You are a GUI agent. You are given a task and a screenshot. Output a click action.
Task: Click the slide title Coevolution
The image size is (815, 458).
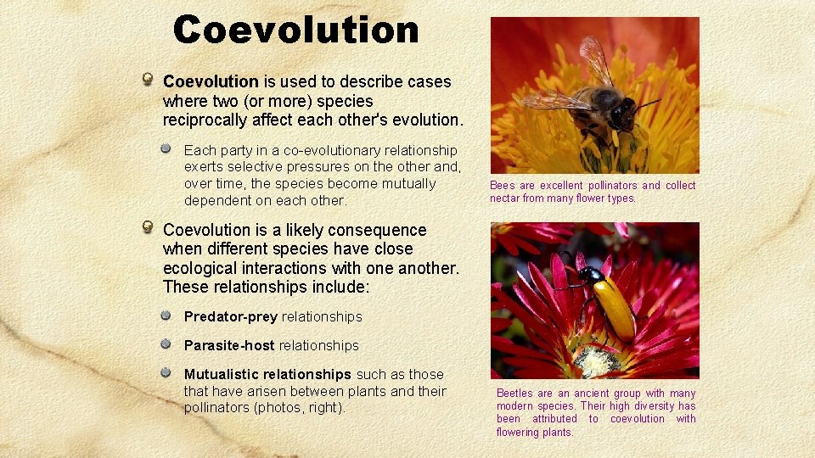pos(295,30)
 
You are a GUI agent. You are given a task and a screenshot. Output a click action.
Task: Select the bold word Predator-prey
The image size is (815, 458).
pos(231,316)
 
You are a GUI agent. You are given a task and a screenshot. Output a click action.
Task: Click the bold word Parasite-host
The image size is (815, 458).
pos(229,345)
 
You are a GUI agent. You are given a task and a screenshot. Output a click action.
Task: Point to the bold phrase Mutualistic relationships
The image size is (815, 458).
pos(267,374)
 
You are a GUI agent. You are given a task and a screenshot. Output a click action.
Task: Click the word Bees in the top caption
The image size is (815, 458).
pos(502,185)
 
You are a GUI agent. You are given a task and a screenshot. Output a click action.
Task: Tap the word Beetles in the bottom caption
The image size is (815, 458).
pos(514,394)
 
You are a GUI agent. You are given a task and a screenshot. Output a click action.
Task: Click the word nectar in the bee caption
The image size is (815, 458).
pos(504,198)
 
